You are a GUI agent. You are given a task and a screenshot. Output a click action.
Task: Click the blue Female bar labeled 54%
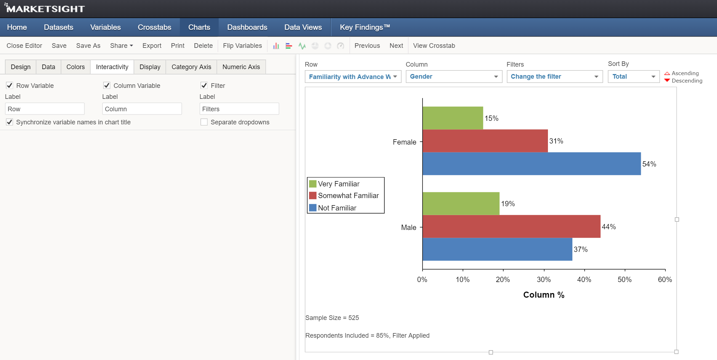tap(532, 164)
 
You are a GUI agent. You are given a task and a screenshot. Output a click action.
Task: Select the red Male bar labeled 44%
tap(511, 226)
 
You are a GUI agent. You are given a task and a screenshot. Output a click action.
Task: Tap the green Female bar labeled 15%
tap(453, 118)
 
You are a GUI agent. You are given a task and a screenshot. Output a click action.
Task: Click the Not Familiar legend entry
tap(337, 208)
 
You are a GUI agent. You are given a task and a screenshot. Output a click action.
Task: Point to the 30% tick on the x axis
tap(544, 280)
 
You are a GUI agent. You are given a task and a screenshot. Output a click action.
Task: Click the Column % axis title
tap(544, 295)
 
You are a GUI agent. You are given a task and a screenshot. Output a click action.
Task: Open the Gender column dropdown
tap(454, 77)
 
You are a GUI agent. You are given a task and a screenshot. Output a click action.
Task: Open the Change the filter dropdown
tap(554, 77)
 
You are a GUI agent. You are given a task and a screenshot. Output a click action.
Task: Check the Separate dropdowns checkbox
tap(204, 122)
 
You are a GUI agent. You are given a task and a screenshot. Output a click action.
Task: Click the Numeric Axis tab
tap(241, 67)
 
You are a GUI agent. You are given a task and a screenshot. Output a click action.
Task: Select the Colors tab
tap(75, 67)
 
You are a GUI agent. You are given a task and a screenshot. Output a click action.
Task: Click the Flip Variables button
tap(242, 46)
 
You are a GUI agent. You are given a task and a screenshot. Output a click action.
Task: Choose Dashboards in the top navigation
tap(247, 27)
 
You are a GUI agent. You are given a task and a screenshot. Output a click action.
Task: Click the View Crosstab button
tap(434, 46)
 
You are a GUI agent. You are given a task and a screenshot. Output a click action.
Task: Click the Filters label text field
tap(239, 109)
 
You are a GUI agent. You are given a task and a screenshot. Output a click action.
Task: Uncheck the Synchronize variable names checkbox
tap(10, 122)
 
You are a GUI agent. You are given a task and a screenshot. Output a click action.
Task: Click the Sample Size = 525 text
tap(332, 318)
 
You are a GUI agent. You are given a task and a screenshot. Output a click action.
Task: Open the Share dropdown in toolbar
tap(121, 46)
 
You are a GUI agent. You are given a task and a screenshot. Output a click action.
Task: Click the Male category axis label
tap(408, 227)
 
